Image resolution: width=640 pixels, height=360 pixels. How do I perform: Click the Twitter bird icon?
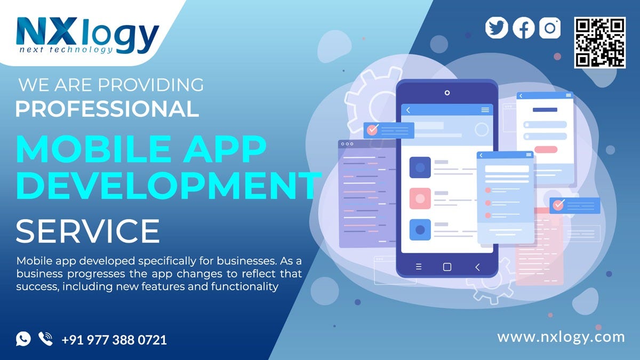pos(497,28)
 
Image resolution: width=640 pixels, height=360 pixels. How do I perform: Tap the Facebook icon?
pos(523,28)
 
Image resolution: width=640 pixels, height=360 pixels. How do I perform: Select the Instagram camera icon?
pos(550,28)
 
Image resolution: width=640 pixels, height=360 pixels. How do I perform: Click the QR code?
pos(599,43)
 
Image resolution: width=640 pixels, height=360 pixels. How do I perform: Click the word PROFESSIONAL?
pos(107,108)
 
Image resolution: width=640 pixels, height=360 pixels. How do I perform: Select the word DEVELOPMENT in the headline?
pos(169,182)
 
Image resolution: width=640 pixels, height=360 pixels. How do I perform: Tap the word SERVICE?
pos(88,231)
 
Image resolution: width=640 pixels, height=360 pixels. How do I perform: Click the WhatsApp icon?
pos(23,339)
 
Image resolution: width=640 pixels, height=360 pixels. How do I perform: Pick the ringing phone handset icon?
pos(46,339)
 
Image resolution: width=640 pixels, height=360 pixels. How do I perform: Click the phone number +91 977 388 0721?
pos(114,340)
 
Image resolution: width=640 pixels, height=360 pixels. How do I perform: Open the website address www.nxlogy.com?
pos(561,337)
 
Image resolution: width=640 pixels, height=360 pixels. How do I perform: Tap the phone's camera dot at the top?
pos(447,92)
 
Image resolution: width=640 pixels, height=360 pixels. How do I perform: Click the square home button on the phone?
pos(447,267)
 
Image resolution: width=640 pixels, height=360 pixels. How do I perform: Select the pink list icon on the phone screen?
pos(420,198)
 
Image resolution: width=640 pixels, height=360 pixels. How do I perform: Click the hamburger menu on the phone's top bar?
pos(485,110)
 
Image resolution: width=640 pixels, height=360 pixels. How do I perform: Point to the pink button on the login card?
pos(546,150)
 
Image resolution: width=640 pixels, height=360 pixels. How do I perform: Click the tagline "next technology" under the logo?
pos(66,50)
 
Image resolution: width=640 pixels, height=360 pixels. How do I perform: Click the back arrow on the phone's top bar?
pos(409,110)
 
